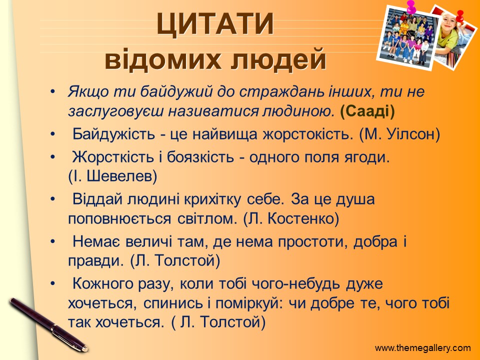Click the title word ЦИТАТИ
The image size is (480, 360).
click(215, 24)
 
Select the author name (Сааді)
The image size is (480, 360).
click(367, 111)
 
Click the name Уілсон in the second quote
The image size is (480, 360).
click(413, 134)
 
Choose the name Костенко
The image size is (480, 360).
click(303, 218)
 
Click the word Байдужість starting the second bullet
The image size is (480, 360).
click(113, 134)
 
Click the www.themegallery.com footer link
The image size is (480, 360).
click(423, 348)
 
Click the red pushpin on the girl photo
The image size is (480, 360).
click(459, 15)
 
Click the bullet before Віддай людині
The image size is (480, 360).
click(52, 199)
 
